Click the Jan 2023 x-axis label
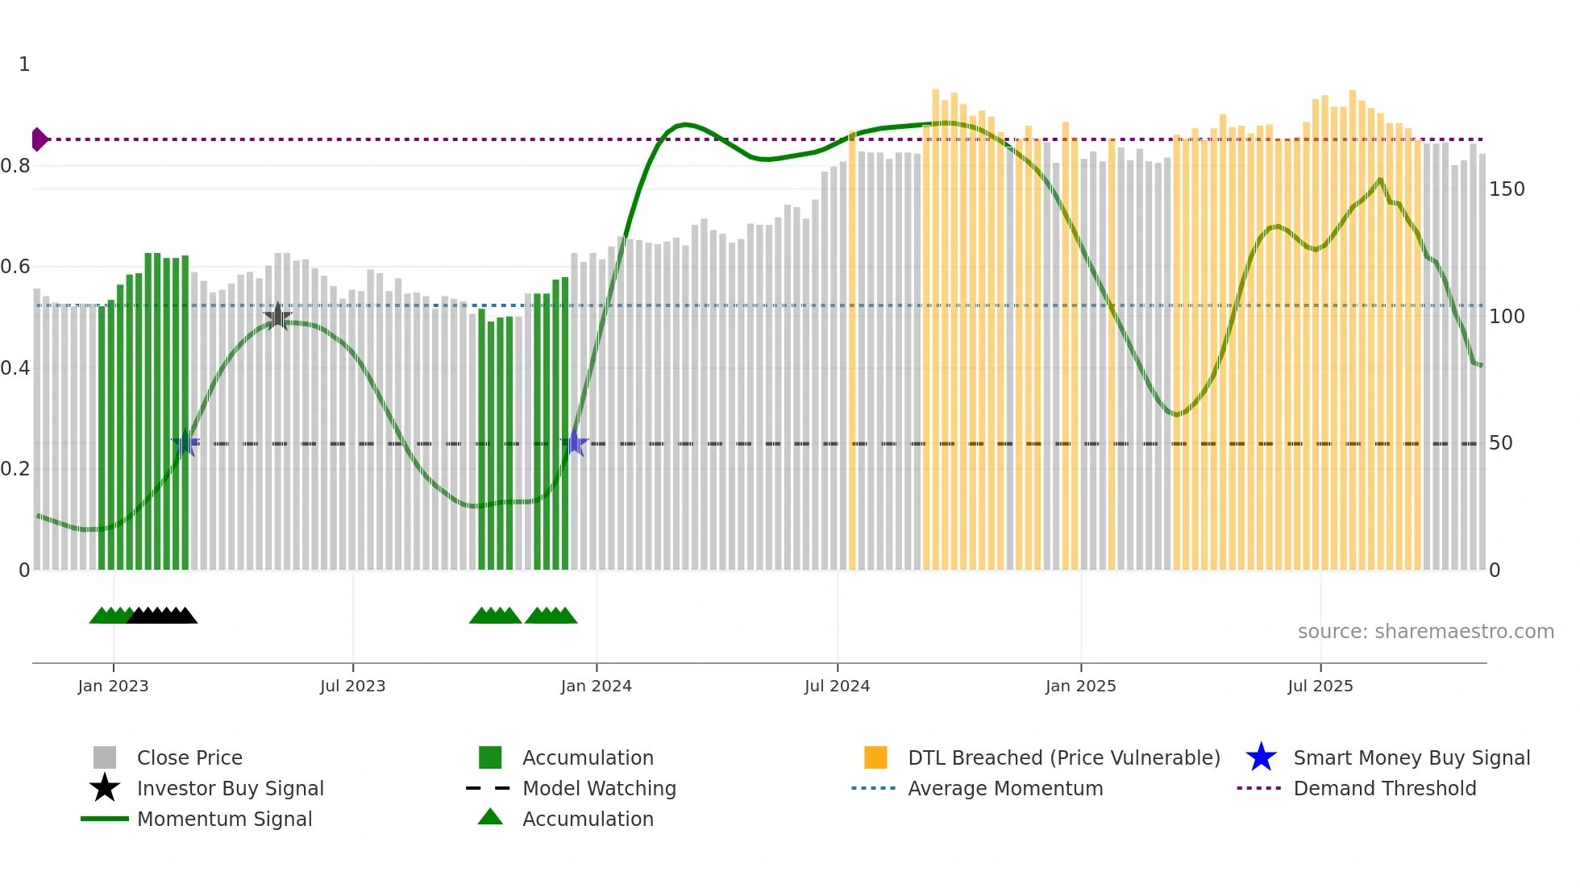(113, 686)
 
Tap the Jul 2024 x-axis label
(837, 686)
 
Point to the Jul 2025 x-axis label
(1320, 686)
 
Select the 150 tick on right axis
(1507, 189)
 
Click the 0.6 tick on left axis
(15, 267)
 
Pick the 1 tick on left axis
(24, 64)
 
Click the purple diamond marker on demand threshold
(39, 139)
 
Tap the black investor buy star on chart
(277, 317)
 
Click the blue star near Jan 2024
(574, 443)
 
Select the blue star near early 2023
(185, 443)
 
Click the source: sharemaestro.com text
(1425, 632)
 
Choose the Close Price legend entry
(189, 757)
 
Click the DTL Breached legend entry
(1063, 757)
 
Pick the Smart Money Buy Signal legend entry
(1411, 757)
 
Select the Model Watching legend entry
(598, 788)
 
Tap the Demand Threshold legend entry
(1384, 788)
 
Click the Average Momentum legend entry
(1004, 788)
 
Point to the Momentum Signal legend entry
(224, 819)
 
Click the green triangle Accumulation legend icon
(490, 817)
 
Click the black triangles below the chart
(162, 616)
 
